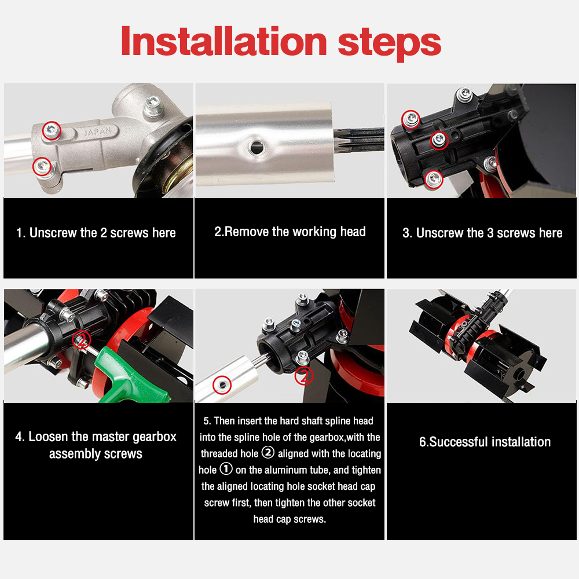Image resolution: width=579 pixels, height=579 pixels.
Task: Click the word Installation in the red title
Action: click(x=223, y=41)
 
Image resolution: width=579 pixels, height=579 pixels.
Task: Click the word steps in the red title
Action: click(x=390, y=44)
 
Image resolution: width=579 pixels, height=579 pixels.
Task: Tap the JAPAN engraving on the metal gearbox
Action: click(x=97, y=131)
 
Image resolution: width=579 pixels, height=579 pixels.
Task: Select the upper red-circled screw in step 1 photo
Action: click(x=52, y=130)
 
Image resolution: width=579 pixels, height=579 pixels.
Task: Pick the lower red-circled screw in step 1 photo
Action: click(x=42, y=166)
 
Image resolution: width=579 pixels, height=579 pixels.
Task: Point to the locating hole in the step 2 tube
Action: click(x=256, y=147)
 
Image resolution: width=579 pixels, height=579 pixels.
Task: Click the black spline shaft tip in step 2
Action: click(x=358, y=139)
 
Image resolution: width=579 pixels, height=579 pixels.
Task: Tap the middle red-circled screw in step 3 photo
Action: click(x=439, y=140)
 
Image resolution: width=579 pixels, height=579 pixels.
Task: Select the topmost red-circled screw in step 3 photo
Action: click(x=411, y=119)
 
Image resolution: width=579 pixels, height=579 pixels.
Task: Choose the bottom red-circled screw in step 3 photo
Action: click(x=434, y=179)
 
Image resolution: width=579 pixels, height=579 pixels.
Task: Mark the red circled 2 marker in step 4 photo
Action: click(x=82, y=340)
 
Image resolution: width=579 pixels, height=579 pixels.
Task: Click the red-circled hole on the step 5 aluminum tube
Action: click(x=222, y=385)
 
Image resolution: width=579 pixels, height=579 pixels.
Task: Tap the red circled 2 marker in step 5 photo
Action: click(x=304, y=376)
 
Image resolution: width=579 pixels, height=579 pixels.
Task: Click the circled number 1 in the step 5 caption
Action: click(x=226, y=469)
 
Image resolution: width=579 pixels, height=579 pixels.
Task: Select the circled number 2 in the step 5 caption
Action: click(x=268, y=452)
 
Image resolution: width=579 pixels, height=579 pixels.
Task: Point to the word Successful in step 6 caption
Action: click(x=458, y=442)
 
